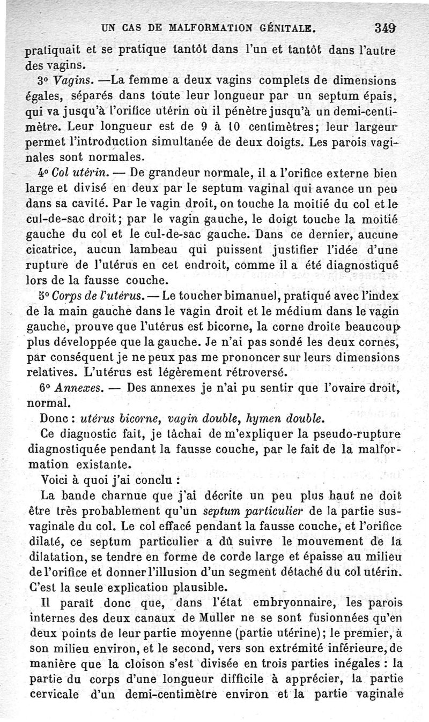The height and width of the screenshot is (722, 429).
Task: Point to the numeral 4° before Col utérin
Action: tap(34, 173)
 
